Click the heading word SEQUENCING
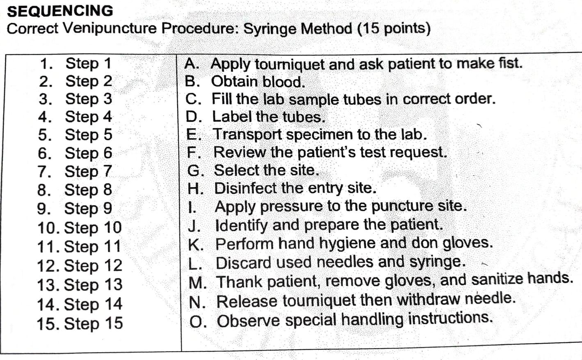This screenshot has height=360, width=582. pyautogui.click(x=60, y=11)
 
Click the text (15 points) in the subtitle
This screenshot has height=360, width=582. pyautogui.click(x=394, y=29)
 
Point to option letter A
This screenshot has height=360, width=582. pyautogui.click(x=191, y=64)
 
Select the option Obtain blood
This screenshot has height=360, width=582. pyautogui.click(x=258, y=82)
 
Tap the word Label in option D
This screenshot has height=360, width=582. pyautogui.click(x=231, y=117)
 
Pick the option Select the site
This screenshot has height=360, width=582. pyautogui.click(x=266, y=170)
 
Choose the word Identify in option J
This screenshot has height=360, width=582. pyautogui.click(x=242, y=225)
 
